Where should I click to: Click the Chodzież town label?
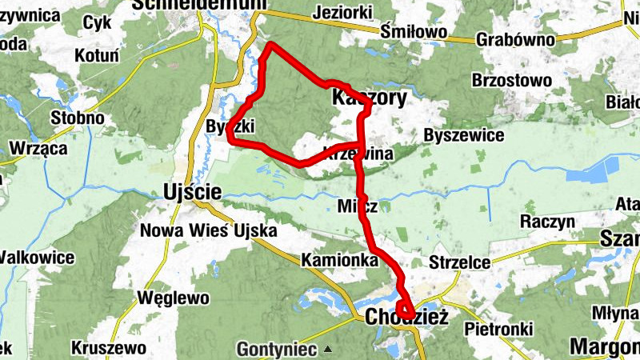[406, 318]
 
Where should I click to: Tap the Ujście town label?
[192, 191]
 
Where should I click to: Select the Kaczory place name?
[369, 98]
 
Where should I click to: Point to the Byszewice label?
[463, 135]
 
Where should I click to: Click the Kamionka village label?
[339, 260]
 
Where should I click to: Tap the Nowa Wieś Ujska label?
[208, 231]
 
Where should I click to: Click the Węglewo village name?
[174, 298]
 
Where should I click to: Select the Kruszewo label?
[108, 348]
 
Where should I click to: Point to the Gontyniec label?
[277, 350]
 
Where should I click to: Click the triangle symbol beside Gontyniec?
[327, 348]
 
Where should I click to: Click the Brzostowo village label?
[512, 81]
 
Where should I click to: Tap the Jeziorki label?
[344, 14]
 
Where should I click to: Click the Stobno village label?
[78, 118]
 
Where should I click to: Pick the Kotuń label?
[96, 56]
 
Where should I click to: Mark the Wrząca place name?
[38, 149]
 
